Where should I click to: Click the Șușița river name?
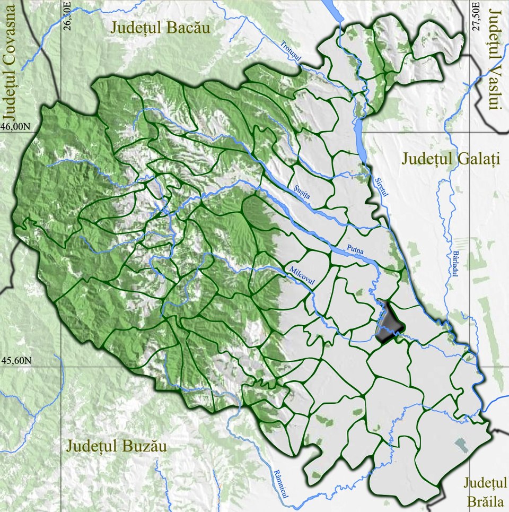[x=304, y=191]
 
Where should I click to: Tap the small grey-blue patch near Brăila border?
[x=461, y=445]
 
